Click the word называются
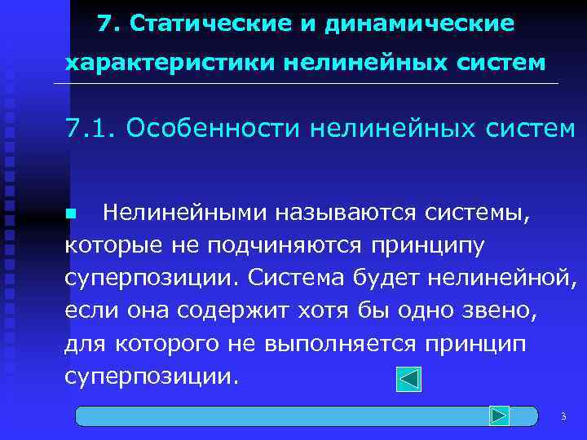coord(345,213)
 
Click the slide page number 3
coord(563,417)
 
